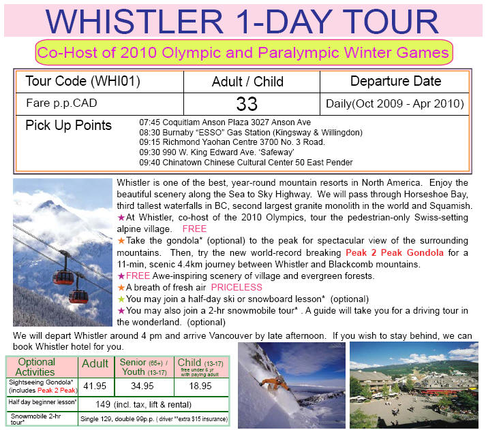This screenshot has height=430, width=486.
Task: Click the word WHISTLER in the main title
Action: (134, 22)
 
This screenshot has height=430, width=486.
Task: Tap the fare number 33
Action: (247, 104)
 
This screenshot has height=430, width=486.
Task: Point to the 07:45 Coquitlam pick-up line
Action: (225, 122)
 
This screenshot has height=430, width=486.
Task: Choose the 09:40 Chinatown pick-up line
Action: (246, 163)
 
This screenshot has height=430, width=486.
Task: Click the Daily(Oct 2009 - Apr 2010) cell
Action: (395, 103)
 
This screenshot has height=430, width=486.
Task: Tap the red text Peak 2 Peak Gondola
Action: (395, 252)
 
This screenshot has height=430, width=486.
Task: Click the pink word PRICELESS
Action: (237, 287)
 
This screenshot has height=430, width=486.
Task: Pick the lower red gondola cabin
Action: (78, 297)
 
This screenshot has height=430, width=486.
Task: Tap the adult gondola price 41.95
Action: (95, 386)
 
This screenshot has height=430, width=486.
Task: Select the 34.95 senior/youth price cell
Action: (142, 386)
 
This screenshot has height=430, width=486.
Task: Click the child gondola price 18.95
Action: (200, 386)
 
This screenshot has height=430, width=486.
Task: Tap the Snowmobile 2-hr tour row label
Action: (35, 419)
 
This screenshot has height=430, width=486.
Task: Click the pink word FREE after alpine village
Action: (194, 229)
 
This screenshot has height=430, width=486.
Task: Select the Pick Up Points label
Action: (68, 126)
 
